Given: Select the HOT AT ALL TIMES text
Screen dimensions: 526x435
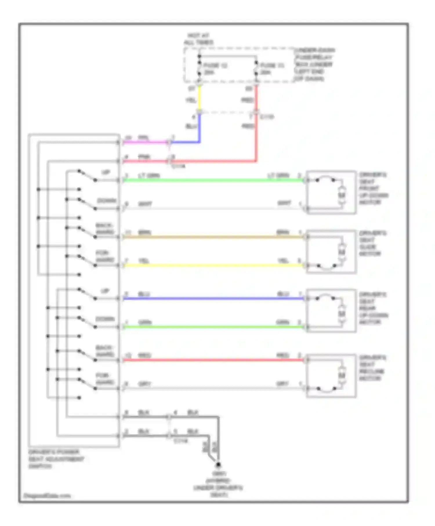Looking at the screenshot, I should click(198, 39).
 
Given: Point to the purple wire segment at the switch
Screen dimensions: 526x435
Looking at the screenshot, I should click(145, 142).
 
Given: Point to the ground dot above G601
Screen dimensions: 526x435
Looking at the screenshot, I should click(218, 465).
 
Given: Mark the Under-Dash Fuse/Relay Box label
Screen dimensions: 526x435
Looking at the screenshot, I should click(314, 64).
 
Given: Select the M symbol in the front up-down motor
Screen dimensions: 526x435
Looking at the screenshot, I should click(342, 195).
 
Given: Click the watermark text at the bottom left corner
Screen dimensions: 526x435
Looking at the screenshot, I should click(47, 496).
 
